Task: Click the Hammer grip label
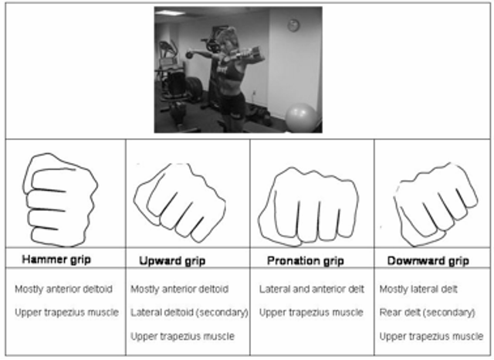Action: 56,260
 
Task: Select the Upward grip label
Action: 172,260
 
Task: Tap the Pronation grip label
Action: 306,260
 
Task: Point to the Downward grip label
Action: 428,260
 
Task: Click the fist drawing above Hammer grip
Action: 60,200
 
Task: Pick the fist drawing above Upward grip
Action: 179,202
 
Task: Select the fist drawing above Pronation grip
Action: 309,206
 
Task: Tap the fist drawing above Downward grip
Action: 435,205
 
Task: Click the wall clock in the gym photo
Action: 293,25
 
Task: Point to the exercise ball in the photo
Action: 301,117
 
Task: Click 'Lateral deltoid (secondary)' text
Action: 189,312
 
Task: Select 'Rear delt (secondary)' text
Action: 427,312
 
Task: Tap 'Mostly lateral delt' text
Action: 418,289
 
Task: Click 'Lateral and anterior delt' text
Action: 312,289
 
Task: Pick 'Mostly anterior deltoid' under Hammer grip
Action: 63,289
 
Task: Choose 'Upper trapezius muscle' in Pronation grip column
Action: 311,312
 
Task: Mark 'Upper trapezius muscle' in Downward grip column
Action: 431,336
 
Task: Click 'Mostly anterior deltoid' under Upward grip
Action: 180,289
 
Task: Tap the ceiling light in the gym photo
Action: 170,12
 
